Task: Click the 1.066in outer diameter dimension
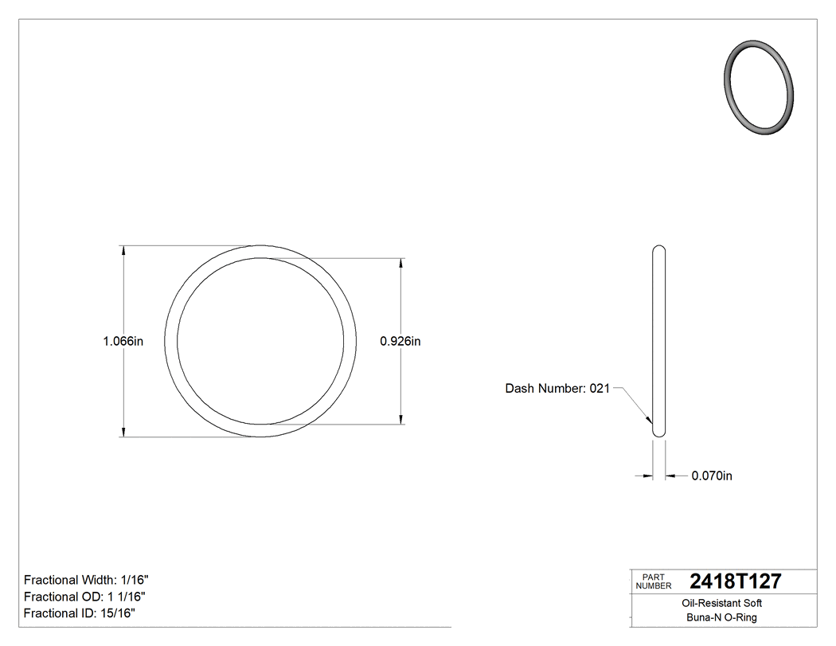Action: tap(123, 341)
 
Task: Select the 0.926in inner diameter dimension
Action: tap(400, 341)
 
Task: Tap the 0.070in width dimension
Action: tap(711, 476)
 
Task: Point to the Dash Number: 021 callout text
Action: tap(557, 389)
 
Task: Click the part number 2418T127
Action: tap(735, 581)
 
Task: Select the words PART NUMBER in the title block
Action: tap(653, 581)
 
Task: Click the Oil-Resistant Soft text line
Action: tap(722, 604)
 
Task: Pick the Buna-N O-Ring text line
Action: tap(722, 617)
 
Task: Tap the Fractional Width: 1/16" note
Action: tap(86, 580)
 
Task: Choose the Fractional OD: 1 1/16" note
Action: tap(84, 597)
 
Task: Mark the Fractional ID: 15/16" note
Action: tap(79, 613)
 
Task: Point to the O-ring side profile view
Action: tap(658, 341)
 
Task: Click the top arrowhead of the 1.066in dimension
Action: tap(123, 250)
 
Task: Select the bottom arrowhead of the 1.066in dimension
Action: tap(123, 432)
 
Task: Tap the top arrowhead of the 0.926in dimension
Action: tap(400, 263)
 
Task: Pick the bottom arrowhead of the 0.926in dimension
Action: tap(400, 419)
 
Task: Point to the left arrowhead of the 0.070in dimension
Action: tap(647, 476)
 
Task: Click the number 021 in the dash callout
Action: tap(599, 389)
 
